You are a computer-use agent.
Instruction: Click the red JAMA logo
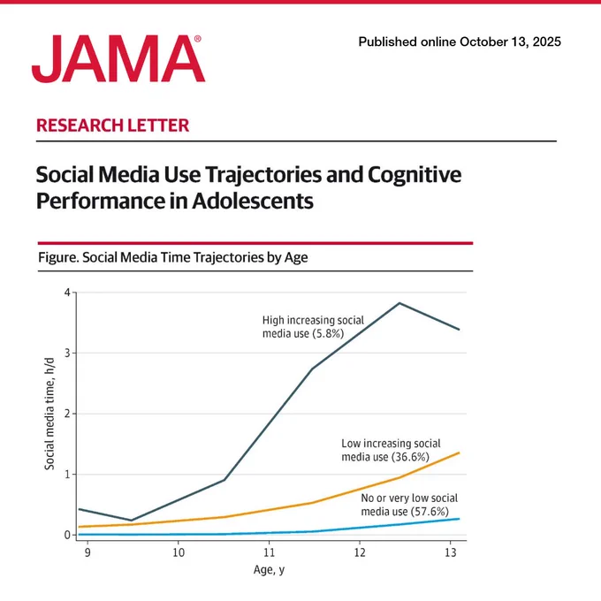tap(118, 58)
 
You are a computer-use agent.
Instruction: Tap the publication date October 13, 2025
tap(510, 42)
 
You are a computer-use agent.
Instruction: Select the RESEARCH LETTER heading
tap(113, 126)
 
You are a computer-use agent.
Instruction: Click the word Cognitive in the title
tap(415, 175)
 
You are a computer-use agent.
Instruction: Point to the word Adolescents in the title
tap(253, 201)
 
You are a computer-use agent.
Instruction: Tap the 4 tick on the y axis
tap(68, 293)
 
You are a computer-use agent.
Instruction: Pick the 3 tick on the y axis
tap(68, 353)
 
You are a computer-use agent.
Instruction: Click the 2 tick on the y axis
tap(68, 414)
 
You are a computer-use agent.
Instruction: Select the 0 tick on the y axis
tap(68, 535)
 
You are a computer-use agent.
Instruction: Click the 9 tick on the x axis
tap(87, 552)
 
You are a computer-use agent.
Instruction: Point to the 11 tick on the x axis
tap(269, 552)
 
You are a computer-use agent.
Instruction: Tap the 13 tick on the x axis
tap(451, 552)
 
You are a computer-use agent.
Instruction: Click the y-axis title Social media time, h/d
tap(49, 414)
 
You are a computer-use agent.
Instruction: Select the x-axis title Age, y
tap(269, 570)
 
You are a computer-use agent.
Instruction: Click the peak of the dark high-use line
tap(399, 303)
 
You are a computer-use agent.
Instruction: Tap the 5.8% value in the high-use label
tap(328, 333)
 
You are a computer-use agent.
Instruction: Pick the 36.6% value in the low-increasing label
tap(410, 457)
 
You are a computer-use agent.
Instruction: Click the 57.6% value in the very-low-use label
tap(430, 512)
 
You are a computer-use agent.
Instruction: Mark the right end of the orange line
tap(460, 453)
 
